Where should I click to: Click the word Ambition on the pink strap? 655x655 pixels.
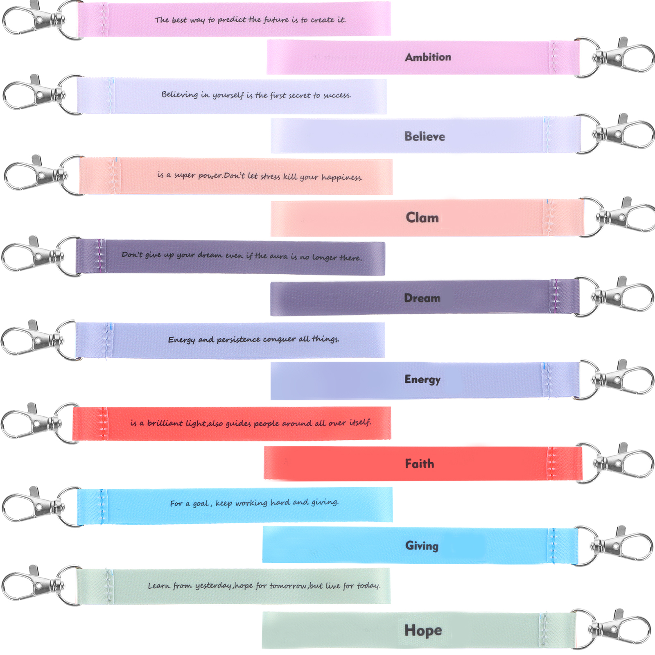[428, 57]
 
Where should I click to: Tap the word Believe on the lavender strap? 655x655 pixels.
[425, 136]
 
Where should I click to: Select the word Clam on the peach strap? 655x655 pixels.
[422, 217]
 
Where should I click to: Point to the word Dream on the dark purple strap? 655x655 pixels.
[422, 298]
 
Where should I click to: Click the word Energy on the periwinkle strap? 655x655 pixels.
[422, 379]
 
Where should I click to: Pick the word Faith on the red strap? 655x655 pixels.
[419, 464]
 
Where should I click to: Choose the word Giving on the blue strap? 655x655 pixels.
[422, 546]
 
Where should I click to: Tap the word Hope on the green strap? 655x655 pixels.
[423, 630]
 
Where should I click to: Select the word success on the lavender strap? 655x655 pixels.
[337, 95]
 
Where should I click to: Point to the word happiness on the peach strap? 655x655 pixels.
[341, 177]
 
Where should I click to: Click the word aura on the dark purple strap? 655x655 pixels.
[278, 256]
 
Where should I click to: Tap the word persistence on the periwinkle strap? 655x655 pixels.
[238, 340]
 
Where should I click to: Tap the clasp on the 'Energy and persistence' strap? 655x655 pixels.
[35, 340]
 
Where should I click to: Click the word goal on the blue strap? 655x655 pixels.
[201, 504]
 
